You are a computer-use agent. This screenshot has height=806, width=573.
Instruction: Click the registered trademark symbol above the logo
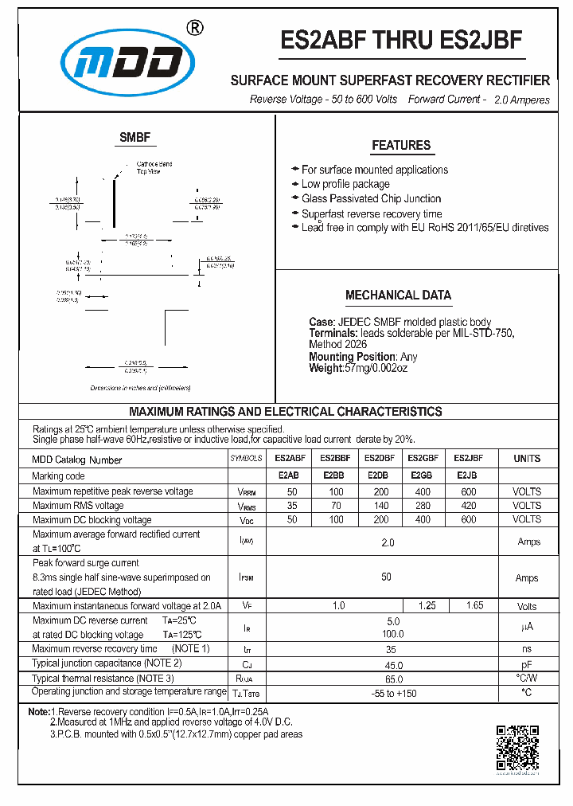(194, 27)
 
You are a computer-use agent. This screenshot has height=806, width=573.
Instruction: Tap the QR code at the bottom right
(517, 748)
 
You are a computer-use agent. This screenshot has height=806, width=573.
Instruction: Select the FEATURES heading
(401, 146)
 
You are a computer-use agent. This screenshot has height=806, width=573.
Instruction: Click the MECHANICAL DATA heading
(398, 295)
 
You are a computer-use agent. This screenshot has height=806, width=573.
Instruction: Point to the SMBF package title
(134, 138)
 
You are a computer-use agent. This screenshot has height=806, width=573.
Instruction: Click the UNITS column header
(526, 459)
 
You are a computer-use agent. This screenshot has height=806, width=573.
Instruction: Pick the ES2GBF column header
(423, 459)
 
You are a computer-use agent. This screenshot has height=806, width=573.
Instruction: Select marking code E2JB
(467, 476)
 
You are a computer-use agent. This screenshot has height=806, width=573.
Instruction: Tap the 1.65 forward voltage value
(474, 606)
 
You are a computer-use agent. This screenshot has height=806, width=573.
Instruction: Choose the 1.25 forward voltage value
(427, 606)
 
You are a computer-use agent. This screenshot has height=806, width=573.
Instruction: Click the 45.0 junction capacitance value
(393, 665)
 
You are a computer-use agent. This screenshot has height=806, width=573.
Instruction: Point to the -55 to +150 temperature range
(393, 694)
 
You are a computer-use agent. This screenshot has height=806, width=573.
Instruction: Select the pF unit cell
(526, 665)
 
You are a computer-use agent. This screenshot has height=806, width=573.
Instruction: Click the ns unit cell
(526, 649)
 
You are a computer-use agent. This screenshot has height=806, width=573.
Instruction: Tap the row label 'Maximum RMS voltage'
(78, 506)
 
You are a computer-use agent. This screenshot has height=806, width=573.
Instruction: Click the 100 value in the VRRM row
(337, 491)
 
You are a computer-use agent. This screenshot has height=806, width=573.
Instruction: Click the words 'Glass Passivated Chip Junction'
(371, 199)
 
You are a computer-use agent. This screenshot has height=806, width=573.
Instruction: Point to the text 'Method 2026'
(338, 345)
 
